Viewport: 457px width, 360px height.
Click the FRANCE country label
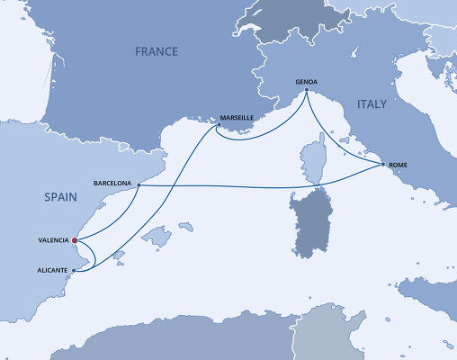click(x=157, y=52)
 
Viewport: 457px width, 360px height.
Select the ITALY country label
click(x=372, y=105)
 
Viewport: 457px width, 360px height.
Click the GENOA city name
click(x=307, y=82)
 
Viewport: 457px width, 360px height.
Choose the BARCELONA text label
click(x=112, y=184)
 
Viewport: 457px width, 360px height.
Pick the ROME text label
click(x=399, y=165)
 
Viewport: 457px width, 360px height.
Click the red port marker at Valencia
click(x=75, y=240)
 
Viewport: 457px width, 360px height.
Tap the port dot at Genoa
click(x=307, y=90)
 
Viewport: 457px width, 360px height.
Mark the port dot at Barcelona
click(x=138, y=184)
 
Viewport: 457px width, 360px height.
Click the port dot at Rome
click(x=383, y=165)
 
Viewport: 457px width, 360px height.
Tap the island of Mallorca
click(x=157, y=238)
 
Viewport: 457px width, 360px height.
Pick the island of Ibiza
click(x=118, y=257)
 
